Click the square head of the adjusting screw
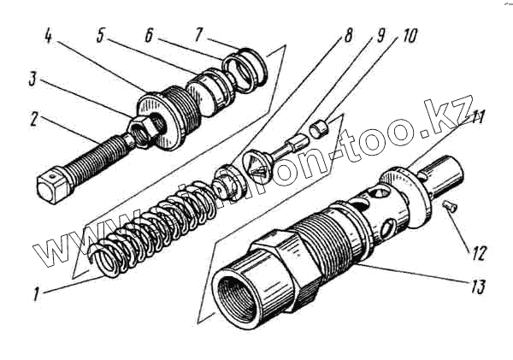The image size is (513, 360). pyautogui.click(x=52, y=185)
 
